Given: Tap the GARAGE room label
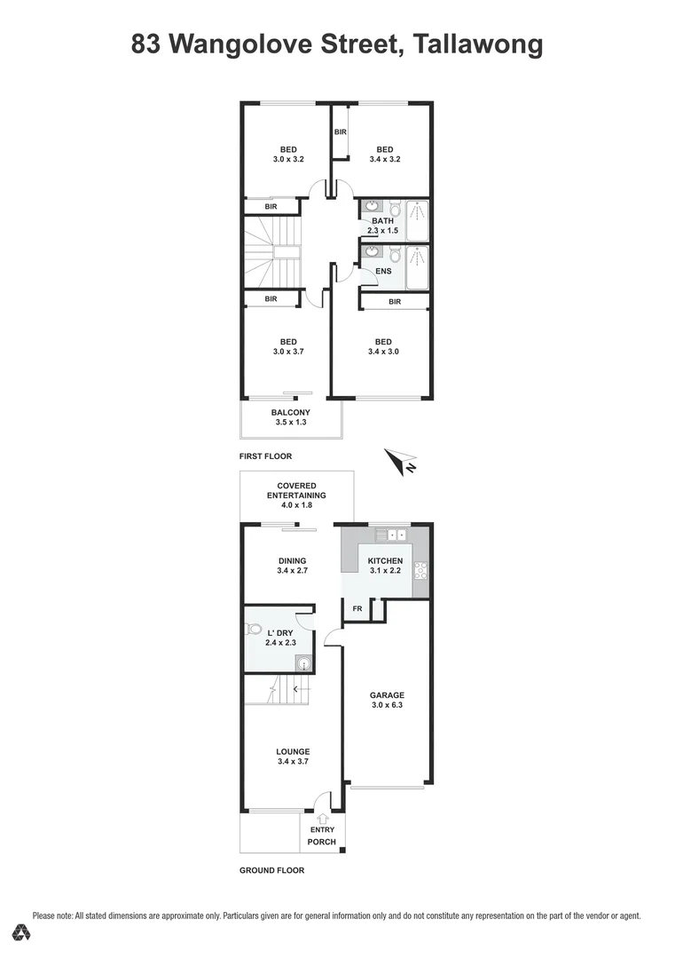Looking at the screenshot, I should (x=387, y=695).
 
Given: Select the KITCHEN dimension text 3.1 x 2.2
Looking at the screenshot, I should (x=385, y=573).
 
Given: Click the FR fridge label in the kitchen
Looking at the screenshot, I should (x=357, y=609).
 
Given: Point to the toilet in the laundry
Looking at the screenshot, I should (x=255, y=630).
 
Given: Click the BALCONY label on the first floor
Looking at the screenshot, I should (x=291, y=412).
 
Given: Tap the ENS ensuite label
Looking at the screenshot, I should (x=383, y=271).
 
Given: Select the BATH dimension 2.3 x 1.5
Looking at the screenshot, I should (x=383, y=231).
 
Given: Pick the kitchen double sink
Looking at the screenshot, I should (x=390, y=535).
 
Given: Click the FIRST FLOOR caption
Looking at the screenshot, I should (x=265, y=456).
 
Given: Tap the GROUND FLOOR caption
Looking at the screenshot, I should (x=271, y=870).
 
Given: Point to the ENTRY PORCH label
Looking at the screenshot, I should (x=321, y=835).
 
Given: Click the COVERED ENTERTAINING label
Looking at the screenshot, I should (x=296, y=490).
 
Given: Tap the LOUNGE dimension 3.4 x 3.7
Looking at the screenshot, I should (x=292, y=762).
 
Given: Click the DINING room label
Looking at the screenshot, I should (x=292, y=560).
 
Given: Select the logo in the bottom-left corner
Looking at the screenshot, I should (x=23, y=932).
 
